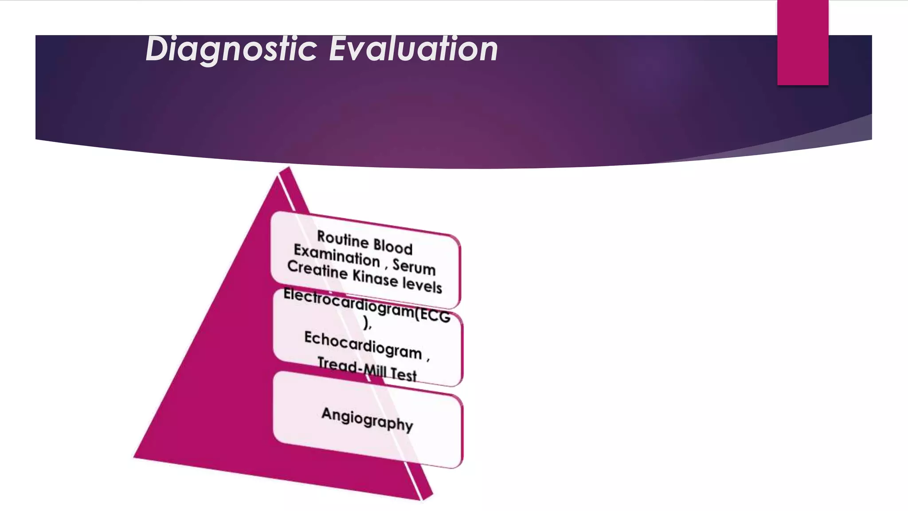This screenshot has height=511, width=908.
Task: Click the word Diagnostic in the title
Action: tap(231, 49)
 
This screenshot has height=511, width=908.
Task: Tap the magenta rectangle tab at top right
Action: tap(802, 42)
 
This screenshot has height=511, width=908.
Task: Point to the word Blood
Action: tap(393, 246)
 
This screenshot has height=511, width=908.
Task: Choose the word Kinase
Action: tap(375, 278)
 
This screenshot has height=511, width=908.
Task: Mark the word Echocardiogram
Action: tap(363, 345)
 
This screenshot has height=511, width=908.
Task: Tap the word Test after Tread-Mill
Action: tap(403, 374)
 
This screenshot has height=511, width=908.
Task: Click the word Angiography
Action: tap(367, 419)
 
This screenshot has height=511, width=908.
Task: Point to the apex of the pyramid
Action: tap(287, 169)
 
